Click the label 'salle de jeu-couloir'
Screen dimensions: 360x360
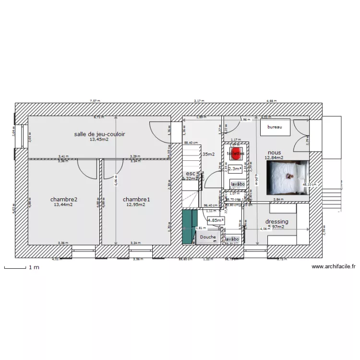pos(99,134)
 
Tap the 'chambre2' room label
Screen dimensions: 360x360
pos(64,199)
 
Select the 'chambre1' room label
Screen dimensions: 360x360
pos(136,199)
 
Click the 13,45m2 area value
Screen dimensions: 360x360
pos(99,140)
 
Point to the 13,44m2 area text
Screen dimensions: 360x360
pos(64,204)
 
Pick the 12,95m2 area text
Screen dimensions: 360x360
pos(136,204)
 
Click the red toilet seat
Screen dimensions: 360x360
pos(235,154)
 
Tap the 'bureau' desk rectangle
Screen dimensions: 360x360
pos(275,127)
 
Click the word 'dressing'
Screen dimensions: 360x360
pos(277,222)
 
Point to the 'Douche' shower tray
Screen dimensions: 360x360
pos(208,237)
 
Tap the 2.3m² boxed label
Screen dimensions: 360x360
pos(235,168)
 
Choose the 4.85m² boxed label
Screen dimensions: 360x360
pos(215,220)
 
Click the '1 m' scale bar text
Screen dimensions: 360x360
pos(34,267)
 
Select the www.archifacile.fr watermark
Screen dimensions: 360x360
pos(333,266)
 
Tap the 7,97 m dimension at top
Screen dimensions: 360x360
pos(94,101)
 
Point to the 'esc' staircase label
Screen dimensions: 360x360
pos(190,174)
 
